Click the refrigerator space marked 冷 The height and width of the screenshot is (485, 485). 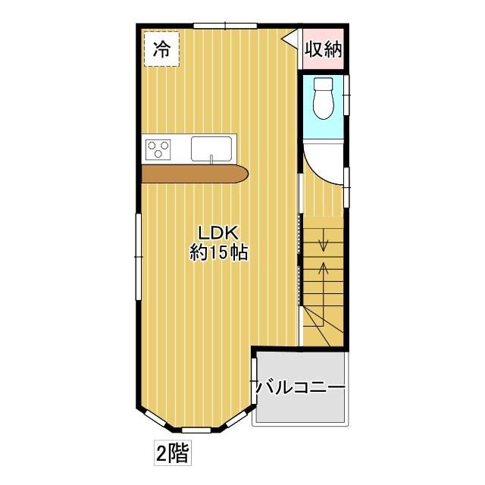(x=161, y=48)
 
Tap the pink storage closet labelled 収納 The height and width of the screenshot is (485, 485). (x=324, y=48)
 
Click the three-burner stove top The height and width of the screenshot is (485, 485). (x=158, y=149)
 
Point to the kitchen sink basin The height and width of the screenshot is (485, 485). (x=211, y=149)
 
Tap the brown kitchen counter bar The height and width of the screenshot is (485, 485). (x=195, y=174)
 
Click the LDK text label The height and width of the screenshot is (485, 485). (x=218, y=233)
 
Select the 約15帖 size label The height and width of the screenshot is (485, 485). (x=218, y=252)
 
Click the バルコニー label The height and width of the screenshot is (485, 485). (x=300, y=387)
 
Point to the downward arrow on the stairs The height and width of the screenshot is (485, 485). (x=324, y=239)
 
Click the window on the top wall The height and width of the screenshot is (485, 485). (x=226, y=26)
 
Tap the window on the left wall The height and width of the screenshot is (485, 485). (x=139, y=257)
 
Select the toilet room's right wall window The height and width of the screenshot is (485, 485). (x=347, y=95)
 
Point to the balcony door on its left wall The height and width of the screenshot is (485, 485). (x=255, y=381)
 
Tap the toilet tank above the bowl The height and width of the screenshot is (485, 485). (x=324, y=83)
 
